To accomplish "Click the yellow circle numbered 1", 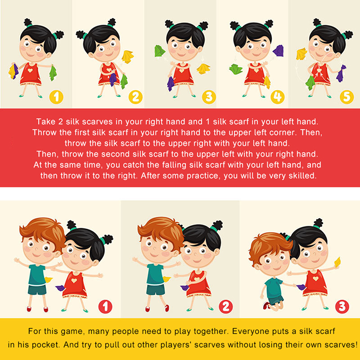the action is [56, 97].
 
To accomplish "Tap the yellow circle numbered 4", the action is [278, 97].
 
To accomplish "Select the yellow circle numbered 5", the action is [346, 97].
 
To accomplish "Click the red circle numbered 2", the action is [226, 307].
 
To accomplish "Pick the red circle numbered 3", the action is [342, 307].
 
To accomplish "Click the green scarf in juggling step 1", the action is [53, 73].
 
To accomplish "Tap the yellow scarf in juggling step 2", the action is [127, 57].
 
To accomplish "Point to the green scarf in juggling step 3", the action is [160, 51].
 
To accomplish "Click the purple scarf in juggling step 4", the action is [278, 51].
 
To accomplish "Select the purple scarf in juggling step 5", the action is [342, 73].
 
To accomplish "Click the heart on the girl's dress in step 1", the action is [30, 70].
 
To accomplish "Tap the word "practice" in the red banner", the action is [203, 176].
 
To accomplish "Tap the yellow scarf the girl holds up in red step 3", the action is [337, 262].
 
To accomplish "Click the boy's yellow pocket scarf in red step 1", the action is [49, 279].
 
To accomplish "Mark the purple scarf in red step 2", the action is [185, 288].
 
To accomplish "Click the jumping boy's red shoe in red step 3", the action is [267, 306].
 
